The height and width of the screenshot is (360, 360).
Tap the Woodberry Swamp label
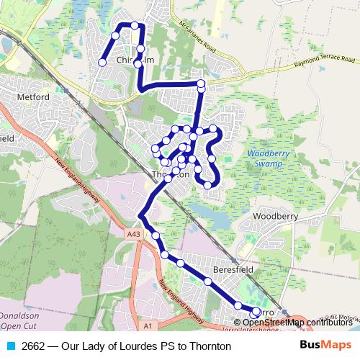(268, 158)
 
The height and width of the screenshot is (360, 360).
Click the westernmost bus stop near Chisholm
(102, 63)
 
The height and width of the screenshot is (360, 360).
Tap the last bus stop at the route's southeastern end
(256, 312)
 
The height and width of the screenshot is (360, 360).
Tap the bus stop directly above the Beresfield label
(207, 282)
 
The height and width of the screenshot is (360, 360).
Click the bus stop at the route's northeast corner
(201, 84)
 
